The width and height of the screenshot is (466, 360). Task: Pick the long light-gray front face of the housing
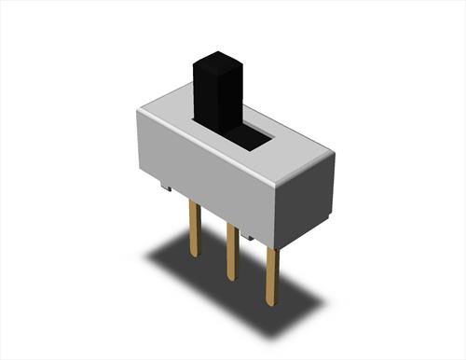[x=205, y=168]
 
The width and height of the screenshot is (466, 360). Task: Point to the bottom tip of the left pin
[x=194, y=256]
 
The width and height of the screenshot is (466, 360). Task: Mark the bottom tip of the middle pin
[x=230, y=278]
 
